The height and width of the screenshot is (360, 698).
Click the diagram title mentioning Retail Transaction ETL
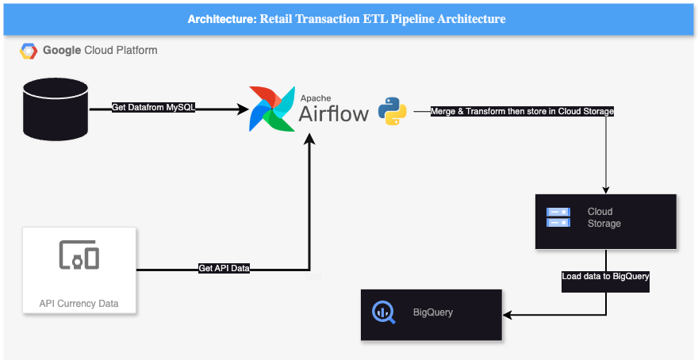(347, 18)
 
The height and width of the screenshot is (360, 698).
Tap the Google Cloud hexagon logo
(29, 51)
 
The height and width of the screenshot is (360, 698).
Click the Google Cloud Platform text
(100, 51)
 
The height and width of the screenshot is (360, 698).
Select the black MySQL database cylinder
(56, 108)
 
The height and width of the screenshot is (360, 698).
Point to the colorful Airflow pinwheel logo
(270, 109)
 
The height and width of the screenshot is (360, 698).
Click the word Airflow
(333, 114)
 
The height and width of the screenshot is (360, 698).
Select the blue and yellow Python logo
(392, 111)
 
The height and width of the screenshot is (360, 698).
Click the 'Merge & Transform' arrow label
(522, 112)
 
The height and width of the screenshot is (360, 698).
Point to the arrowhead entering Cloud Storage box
(607, 190)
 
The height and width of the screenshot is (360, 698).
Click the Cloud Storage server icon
(558, 217)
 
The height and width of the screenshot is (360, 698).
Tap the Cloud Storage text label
(604, 217)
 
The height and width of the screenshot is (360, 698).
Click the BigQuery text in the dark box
(433, 312)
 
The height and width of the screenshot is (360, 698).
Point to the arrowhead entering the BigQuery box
(508, 315)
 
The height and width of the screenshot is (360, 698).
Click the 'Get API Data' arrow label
(224, 269)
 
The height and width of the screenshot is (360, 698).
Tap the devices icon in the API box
(79, 255)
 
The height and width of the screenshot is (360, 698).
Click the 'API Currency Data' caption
(79, 303)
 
